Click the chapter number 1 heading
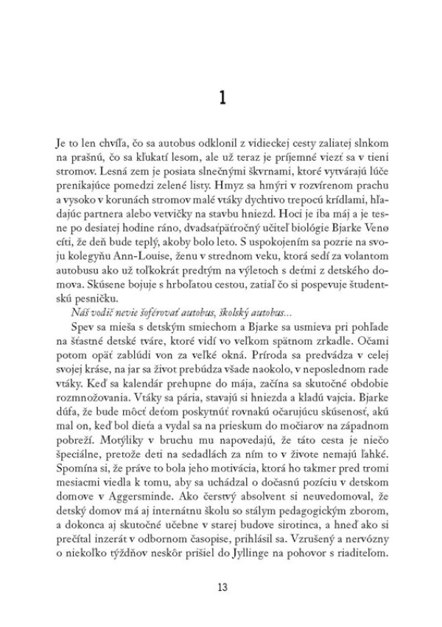click(x=222, y=97)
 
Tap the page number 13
click(x=222, y=587)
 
